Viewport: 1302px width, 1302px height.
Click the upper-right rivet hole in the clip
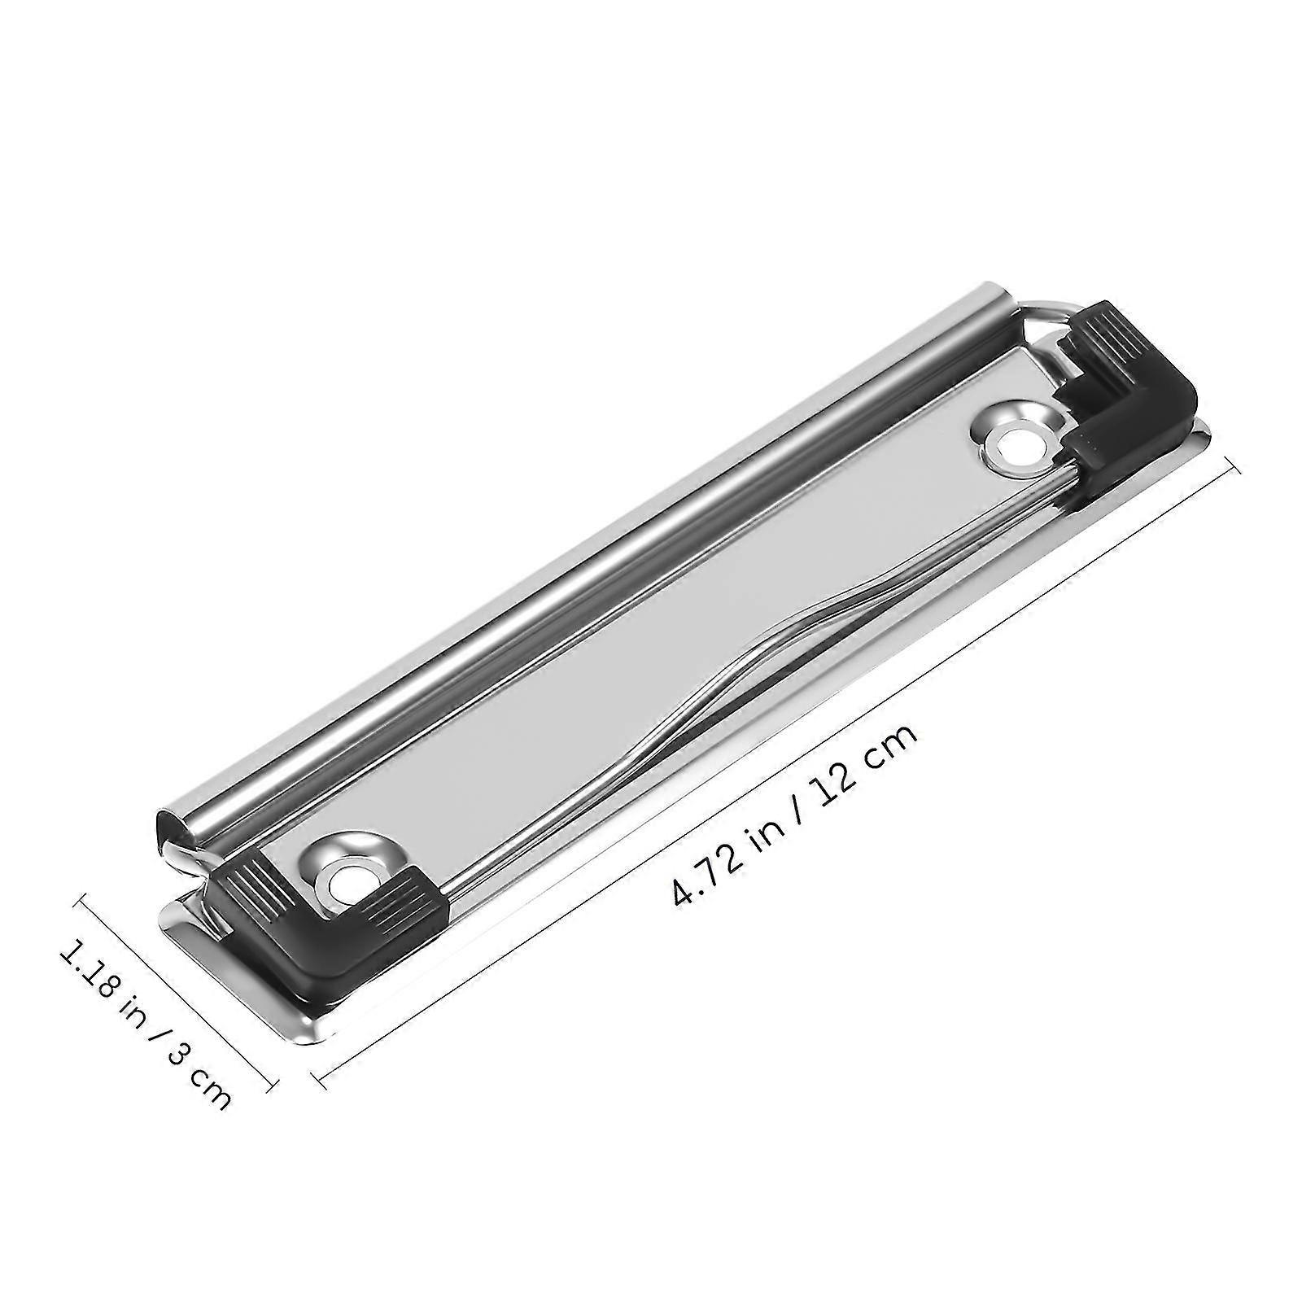(1013, 445)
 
